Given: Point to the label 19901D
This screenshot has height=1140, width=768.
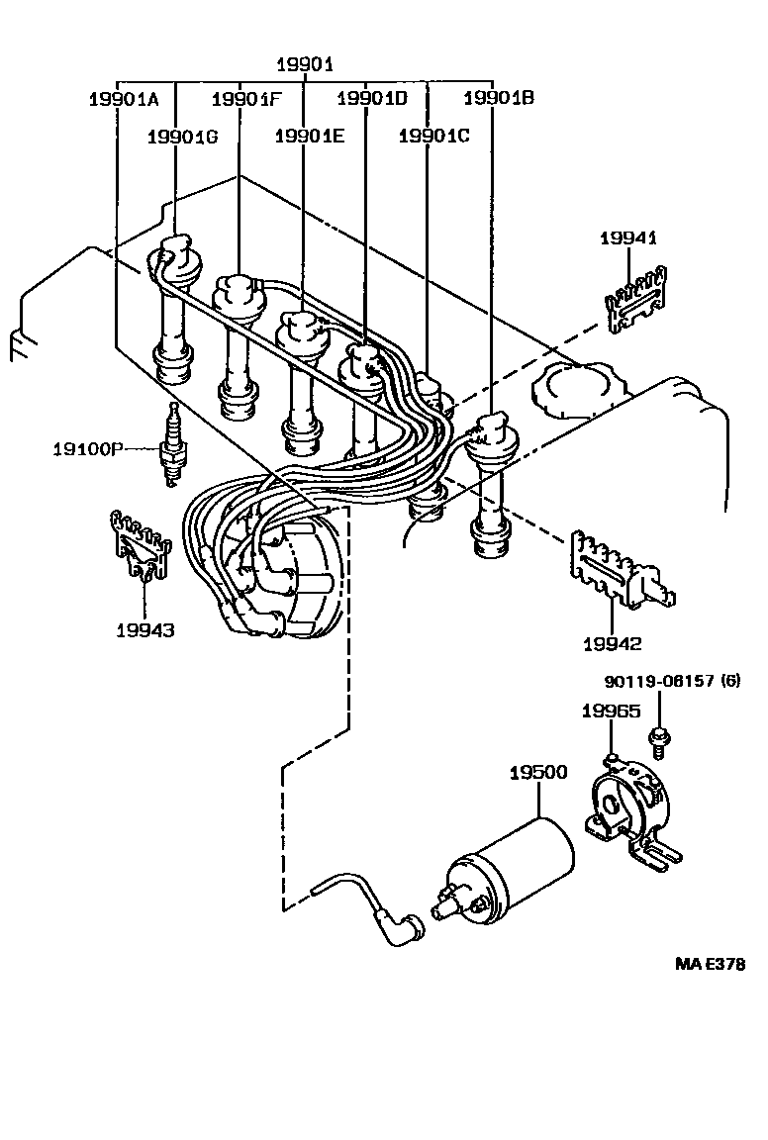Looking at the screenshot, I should [x=371, y=99].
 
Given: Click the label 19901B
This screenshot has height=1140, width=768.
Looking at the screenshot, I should [x=498, y=99].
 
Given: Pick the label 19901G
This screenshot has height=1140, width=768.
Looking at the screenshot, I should [x=181, y=138].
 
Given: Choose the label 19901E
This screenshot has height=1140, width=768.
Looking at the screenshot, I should [x=309, y=138].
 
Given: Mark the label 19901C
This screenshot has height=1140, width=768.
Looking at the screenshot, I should [x=433, y=138].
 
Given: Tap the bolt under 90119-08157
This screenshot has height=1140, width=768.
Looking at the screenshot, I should [x=657, y=737].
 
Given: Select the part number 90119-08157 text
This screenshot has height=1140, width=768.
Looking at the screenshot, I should [x=671, y=681].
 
